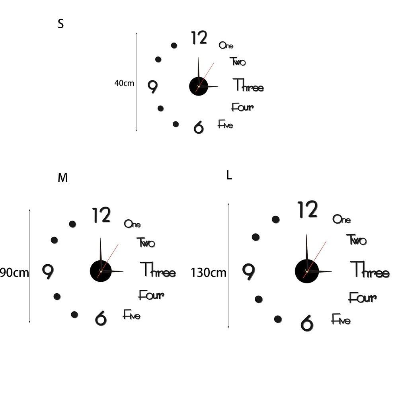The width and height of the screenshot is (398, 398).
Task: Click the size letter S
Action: click(60, 24)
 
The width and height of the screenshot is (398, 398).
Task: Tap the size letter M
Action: click(62, 178)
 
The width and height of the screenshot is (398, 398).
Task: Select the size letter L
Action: click(229, 176)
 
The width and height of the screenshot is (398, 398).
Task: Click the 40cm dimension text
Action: click(124, 83)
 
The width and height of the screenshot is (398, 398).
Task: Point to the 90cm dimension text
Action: click(14, 273)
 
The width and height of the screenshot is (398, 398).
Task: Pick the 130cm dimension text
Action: click(208, 273)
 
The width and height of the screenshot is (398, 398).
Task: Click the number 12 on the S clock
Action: click(199, 38)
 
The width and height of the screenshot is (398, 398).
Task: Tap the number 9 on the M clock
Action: click(48, 271)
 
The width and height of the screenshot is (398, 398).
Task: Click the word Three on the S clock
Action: click(248, 86)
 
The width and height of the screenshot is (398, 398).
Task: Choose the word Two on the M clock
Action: click(146, 242)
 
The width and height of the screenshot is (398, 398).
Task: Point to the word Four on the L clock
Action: click(362, 297)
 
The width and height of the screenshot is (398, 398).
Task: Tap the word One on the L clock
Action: click(341, 219)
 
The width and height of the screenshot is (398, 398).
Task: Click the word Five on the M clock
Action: click(131, 315)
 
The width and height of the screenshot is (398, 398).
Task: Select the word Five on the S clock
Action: click(225, 125)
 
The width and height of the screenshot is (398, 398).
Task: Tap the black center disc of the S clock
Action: click(198, 86)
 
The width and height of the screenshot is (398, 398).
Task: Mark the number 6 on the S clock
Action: click(198, 127)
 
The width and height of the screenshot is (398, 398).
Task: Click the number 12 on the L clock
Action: click(308, 210)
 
